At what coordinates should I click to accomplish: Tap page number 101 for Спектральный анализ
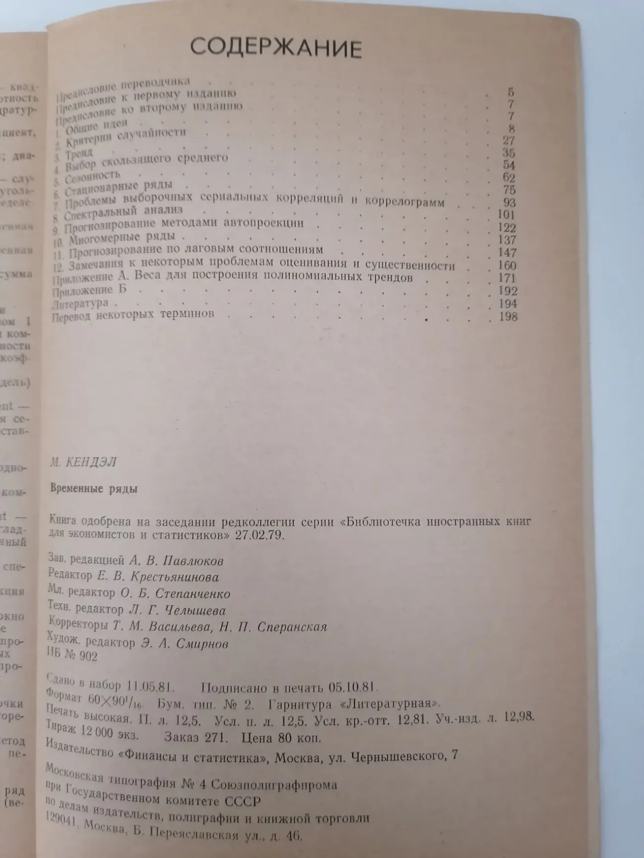pos(505,215)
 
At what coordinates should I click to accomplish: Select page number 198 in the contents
pos(507,317)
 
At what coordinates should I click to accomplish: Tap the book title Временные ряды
pos(94,488)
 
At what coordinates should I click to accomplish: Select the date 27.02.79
pos(260,535)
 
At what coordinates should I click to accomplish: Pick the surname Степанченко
pos(193,594)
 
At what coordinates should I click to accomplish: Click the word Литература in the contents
pos(80,304)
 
